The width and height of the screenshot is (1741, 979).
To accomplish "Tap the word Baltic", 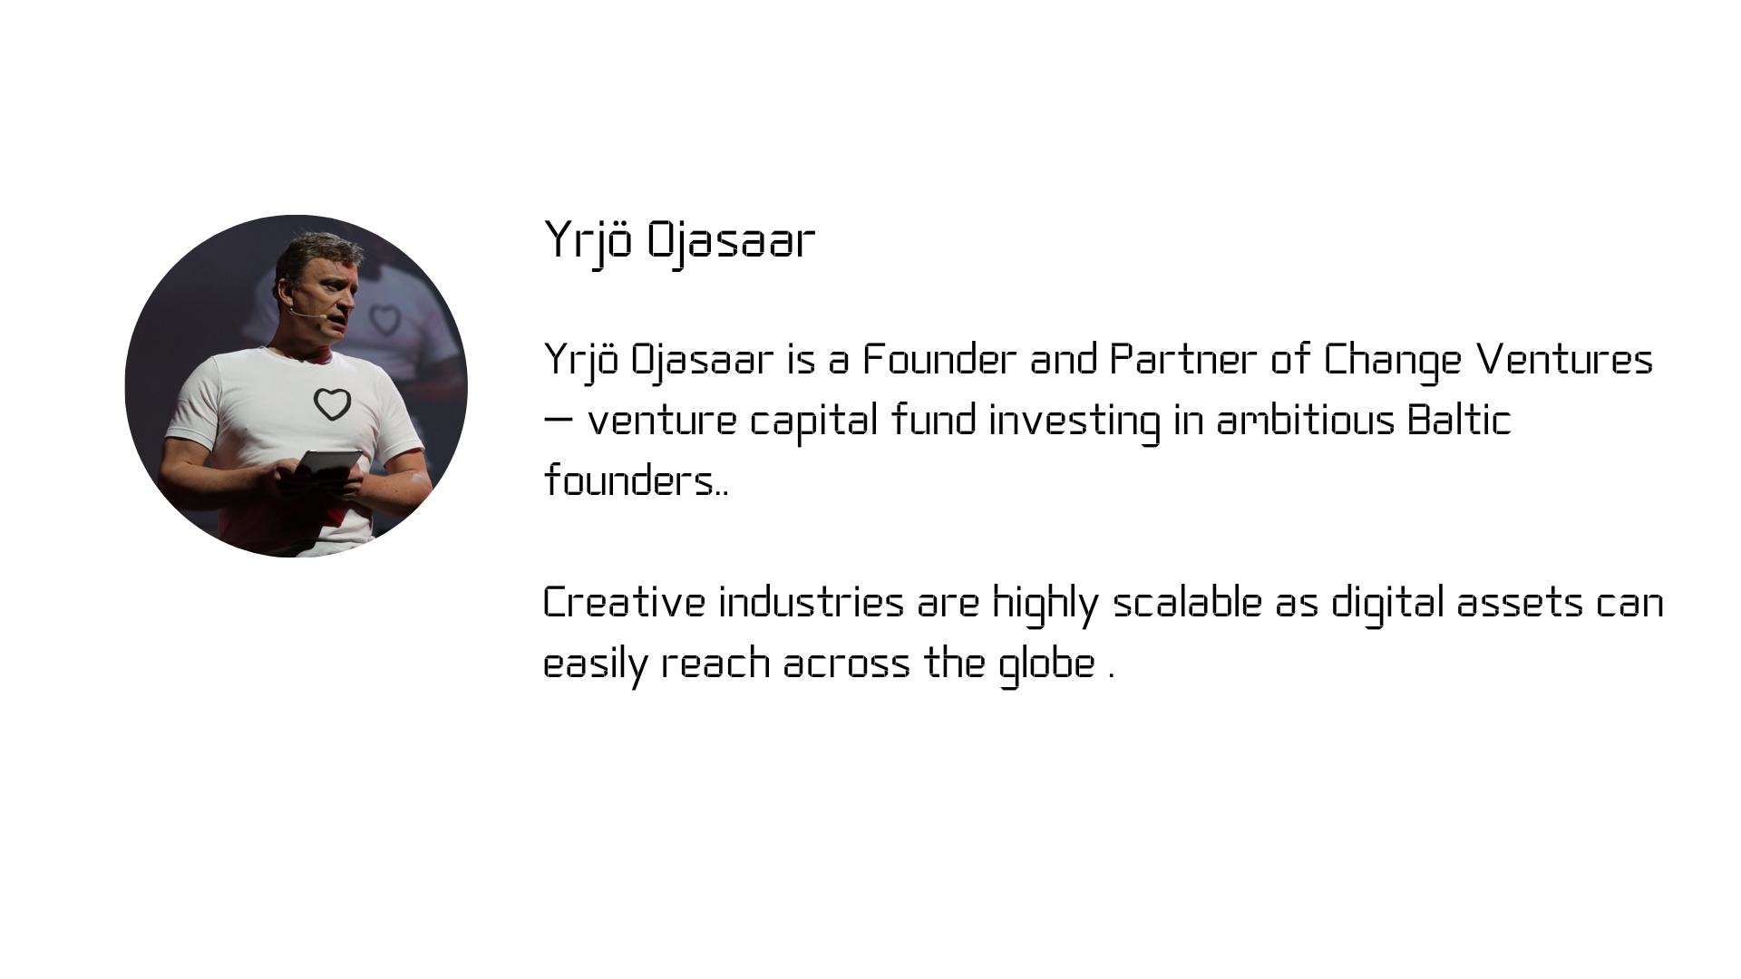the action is pos(1459,421).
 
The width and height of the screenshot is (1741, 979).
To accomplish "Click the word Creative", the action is pos(624,603).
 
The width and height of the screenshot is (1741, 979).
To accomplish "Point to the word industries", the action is pos(812,603).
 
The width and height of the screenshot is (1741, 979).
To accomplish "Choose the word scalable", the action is pos(1187,603).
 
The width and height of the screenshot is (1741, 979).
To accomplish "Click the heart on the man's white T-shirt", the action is pos(332,404).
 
